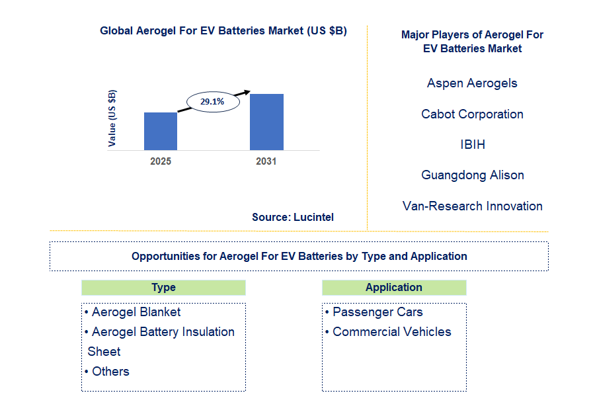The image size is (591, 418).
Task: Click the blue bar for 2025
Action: coord(161,131)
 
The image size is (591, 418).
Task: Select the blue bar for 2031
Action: coord(266,122)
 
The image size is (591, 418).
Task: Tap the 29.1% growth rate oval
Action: coord(213,102)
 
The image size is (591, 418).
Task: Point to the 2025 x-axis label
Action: coord(161,161)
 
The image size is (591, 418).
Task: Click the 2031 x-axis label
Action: coord(266,161)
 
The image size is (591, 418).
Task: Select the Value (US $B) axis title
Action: coord(112,118)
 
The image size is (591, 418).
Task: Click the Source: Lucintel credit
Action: coord(293,218)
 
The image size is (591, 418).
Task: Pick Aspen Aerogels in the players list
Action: coord(472,83)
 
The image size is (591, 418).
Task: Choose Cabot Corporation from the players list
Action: coord(472,114)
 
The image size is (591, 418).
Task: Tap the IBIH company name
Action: coord(473,144)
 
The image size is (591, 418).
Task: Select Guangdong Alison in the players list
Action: coord(473,175)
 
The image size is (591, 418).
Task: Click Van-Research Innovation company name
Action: coord(472,206)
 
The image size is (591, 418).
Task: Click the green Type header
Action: coord(163,288)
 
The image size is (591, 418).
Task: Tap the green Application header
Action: coord(394,288)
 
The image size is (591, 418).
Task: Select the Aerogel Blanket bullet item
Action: coord(133,312)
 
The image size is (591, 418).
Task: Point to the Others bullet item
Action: coord(107,372)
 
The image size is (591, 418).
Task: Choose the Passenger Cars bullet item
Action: coord(374,312)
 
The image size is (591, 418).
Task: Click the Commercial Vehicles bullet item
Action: coord(388,331)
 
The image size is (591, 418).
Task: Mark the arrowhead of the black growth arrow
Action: coord(247,92)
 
